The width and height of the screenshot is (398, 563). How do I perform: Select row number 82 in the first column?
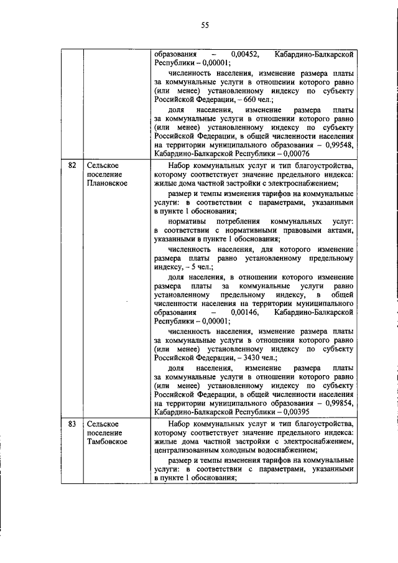click(x=72, y=165)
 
